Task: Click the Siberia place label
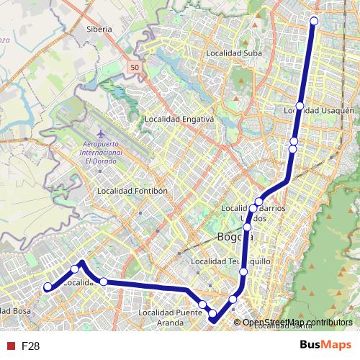click(99, 30)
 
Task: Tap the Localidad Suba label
click(233, 53)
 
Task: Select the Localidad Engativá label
click(179, 119)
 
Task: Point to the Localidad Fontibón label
click(132, 191)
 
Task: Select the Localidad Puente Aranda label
click(171, 318)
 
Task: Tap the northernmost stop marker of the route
click(314, 20)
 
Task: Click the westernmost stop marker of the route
click(48, 287)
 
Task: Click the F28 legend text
click(30, 346)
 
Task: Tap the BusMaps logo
click(325, 345)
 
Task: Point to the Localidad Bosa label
click(16, 311)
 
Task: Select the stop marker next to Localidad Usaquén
click(300, 106)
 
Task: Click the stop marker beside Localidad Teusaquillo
click(243, 271)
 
